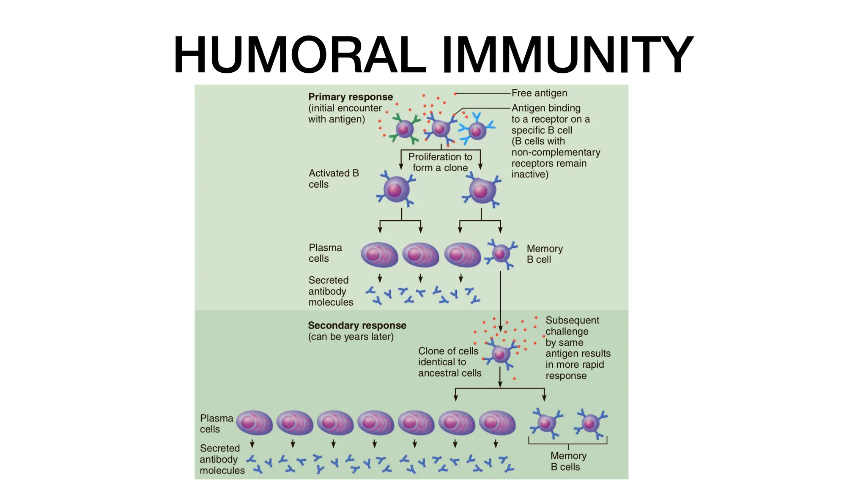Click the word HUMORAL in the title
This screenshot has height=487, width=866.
(299, 55)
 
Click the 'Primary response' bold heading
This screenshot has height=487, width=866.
(351, 97)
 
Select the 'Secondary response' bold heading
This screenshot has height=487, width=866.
(357, 326)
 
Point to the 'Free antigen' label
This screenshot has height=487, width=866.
(539, 93)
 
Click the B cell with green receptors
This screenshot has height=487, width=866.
(404, 129)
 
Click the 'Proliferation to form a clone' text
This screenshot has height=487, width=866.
(440, 162)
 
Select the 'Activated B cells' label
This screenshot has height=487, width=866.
(333, 178)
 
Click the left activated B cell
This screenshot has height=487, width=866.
(396, 189)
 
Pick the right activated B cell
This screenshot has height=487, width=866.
(482, 191)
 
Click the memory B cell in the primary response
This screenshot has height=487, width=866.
(501, 254)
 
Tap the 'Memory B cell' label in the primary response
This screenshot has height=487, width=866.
(544, 254)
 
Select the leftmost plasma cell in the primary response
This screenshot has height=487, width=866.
(379, 254)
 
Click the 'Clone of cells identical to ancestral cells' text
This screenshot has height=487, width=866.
(449, 362)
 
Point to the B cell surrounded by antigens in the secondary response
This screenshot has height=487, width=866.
(500, 354)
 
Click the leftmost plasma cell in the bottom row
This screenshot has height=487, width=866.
(254, 423)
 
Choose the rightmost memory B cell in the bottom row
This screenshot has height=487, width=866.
(590, 423)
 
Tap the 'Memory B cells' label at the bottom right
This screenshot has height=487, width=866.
(568, 461)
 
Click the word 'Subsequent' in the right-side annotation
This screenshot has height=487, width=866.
(572, 320)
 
